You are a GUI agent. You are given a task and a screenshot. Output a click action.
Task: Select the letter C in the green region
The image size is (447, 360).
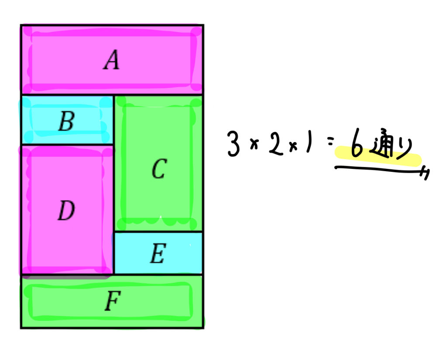tap(158, 169)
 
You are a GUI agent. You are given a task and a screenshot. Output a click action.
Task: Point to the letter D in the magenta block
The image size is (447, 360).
tap(66, 211)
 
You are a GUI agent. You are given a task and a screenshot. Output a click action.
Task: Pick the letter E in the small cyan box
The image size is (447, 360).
tap(157, 254)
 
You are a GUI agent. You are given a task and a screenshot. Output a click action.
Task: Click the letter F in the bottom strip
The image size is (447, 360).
tap(112, 302)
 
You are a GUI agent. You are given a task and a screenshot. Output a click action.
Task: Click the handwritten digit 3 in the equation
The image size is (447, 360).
tap(234, 144)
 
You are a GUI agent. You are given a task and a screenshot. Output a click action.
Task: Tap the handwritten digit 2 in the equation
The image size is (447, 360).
tap(276, 144)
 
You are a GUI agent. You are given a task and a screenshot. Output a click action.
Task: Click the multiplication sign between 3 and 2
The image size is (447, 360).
tap(255, 145)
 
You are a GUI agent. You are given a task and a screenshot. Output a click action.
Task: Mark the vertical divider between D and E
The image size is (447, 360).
tap(113, 253)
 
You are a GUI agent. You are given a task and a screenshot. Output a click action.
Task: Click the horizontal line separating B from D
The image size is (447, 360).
tap(68, 144)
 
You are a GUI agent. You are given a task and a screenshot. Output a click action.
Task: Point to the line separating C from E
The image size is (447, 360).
tap(158, 232)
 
